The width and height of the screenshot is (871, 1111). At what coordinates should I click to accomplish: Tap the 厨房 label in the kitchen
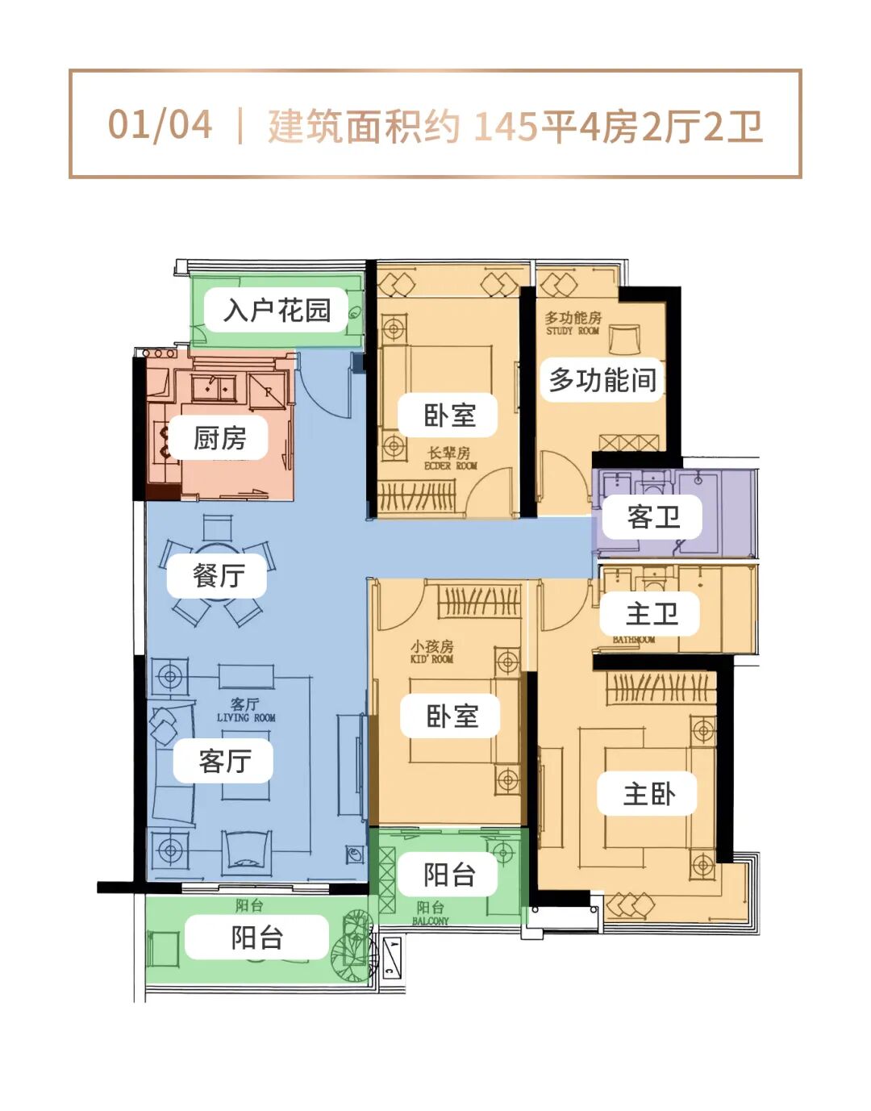[x=219, y=438]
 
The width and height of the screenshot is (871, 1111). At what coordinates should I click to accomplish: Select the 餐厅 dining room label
[x=218, y=575]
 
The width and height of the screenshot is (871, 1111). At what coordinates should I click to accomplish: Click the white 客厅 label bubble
[x=224, y=760]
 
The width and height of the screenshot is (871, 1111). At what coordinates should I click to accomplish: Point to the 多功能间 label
[x=602, y=379]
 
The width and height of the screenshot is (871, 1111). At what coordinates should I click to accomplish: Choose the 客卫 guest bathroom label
[x=652, y=516]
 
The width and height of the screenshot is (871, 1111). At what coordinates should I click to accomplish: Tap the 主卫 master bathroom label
[x=651, y=614]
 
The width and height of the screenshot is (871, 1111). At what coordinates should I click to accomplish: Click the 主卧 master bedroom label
[x=648, y=794]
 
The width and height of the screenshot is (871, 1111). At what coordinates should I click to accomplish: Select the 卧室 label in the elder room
[x=448, y=416]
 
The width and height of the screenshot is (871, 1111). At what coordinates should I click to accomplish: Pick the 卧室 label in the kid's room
[x=451, y=716]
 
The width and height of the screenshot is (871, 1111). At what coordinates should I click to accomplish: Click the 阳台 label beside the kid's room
[x=448, y=875]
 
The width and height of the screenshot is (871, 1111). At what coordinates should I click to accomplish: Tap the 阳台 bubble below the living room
[x=256, y=938]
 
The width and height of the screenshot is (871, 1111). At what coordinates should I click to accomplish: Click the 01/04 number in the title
[x=160, y=125]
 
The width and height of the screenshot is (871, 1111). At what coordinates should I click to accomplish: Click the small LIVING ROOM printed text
[x=246, y=717]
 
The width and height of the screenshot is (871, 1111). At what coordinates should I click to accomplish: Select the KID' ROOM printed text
[x=431, y=658]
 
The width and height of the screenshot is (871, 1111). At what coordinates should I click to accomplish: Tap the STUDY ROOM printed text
[x=572, y=331]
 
